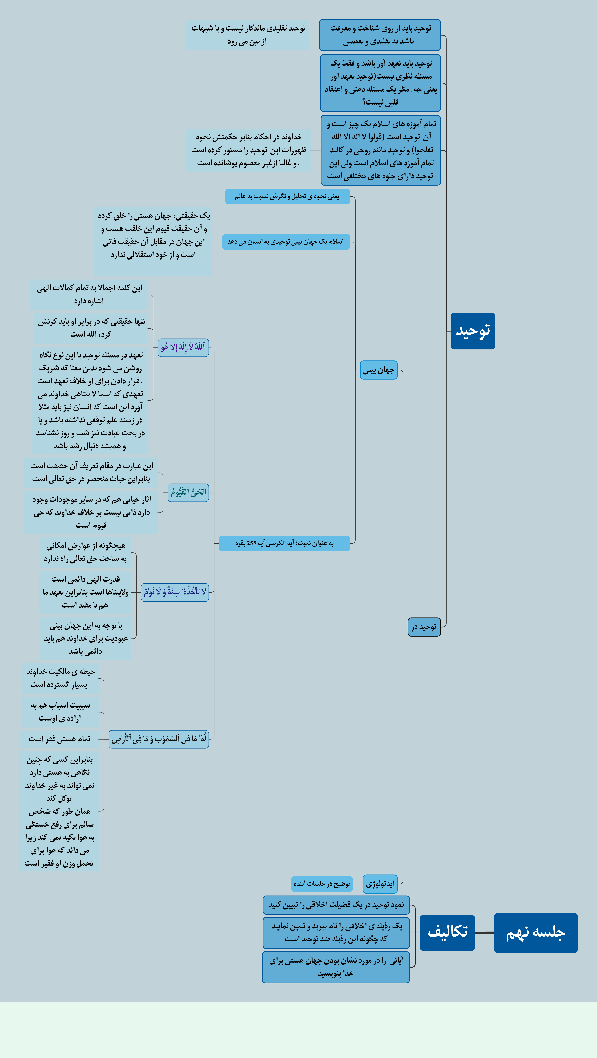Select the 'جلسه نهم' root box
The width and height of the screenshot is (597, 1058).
tap(535, 933)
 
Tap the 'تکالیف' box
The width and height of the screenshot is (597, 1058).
tap(447, 933)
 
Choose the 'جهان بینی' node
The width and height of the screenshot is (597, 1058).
tap(378, 370)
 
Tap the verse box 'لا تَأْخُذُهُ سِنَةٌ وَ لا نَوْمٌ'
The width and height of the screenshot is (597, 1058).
tap(175, 592)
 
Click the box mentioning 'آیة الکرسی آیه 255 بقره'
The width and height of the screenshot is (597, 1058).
tap(284, 543)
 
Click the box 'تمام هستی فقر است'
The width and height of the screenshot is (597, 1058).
tap(60, 739)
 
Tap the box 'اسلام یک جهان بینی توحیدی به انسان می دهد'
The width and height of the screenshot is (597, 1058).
tap(286, 242)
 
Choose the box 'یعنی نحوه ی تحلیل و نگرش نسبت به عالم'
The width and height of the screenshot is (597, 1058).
tap(287, 196)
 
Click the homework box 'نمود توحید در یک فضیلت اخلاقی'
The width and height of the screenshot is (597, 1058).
tap(336, 905)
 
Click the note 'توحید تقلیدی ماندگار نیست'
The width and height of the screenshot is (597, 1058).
tap(248, 35)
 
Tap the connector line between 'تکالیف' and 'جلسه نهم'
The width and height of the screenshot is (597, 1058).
tap(485, 933)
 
